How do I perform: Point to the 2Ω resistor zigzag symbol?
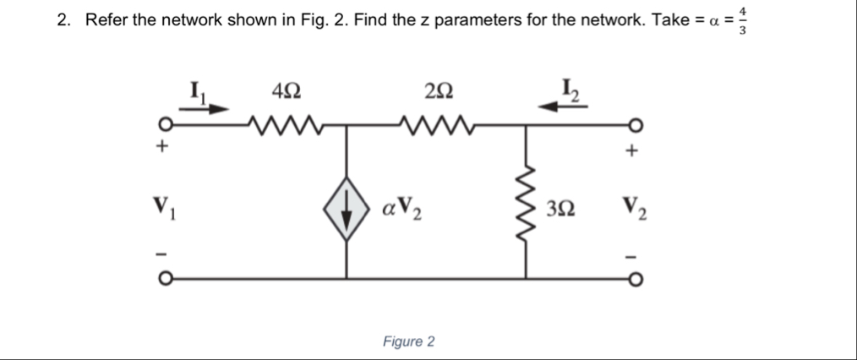[x=439, y=127]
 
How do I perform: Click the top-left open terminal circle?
[x=167, y=127]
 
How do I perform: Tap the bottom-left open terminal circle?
[x=167, y=278]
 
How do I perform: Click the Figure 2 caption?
[x=408, y=341]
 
